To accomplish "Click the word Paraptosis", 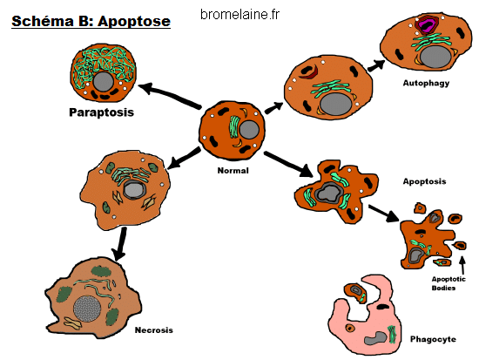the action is click(x=101, y=112).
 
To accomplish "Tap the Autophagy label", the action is click(x=426, y=83).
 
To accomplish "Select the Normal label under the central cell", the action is click(x=233, y=171).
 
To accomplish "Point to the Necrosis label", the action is click(x=153, y=330).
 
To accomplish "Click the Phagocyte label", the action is click(x=433, y=339).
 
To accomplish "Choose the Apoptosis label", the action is click(x=424, y=181).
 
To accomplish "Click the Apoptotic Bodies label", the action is click(x=449, y=283).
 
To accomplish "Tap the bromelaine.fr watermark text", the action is click(x=239, y=14).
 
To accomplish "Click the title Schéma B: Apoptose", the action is click(x=91, y=22).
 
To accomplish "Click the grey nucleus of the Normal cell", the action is click(x=249, y=130).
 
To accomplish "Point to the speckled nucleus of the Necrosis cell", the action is click(x=87, y=309).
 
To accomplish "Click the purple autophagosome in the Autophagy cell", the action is click(x=427, y=25).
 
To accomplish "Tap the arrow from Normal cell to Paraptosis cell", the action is click(x=170, y=95).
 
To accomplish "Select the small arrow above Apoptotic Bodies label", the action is click(x=462, y=265).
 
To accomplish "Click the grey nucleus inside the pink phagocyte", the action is click(x=375, y=338).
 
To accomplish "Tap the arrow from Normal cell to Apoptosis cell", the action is click(x=288, y=164).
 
